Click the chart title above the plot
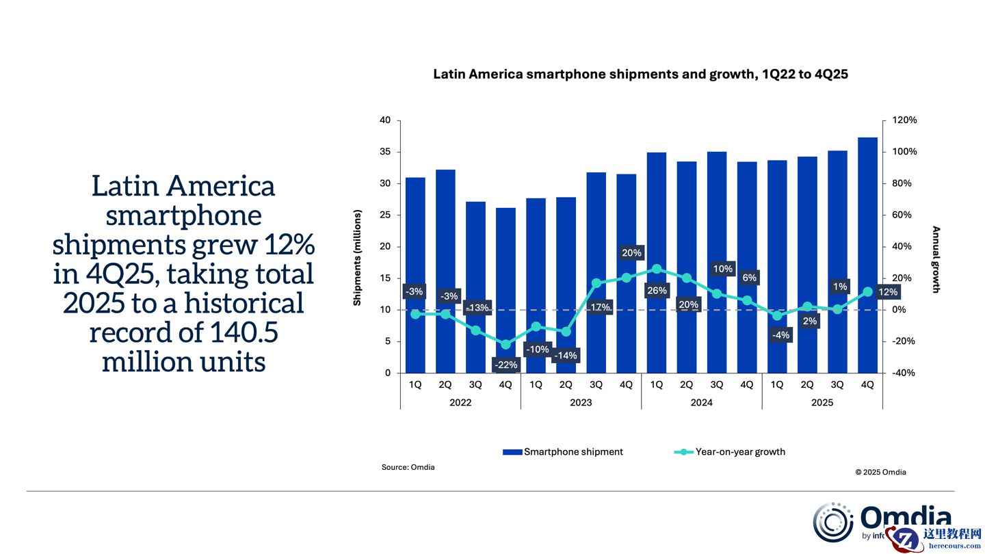[640, 75]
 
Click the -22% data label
[505, 365]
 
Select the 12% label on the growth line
[887, 292]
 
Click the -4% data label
[780, 335]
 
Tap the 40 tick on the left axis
[385, 120]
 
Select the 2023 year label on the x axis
[581, 402]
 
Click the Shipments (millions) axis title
[357, 247]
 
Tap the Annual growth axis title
[936, 260]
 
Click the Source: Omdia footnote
[408, 467]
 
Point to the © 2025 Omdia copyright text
[880, 472]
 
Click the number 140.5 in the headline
[242, 332]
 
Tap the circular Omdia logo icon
[832, 523]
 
